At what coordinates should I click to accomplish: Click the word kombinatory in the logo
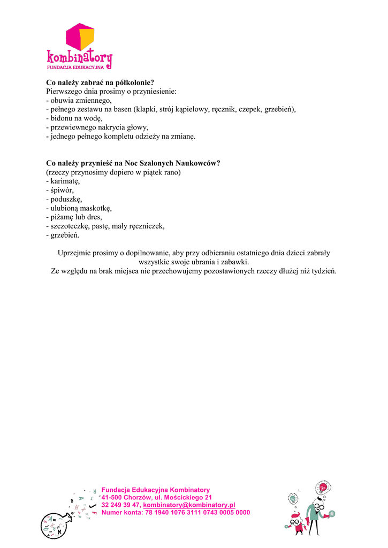(79, 57)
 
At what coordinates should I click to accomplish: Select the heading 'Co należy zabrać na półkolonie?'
(100, 82)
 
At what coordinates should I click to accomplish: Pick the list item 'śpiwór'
(62, 191)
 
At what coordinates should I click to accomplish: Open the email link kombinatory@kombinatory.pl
(189, 505)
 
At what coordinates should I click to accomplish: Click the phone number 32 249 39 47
(121, 505)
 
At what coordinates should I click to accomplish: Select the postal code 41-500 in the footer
(113, 497)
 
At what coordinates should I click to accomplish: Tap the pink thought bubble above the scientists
(323, 488)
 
